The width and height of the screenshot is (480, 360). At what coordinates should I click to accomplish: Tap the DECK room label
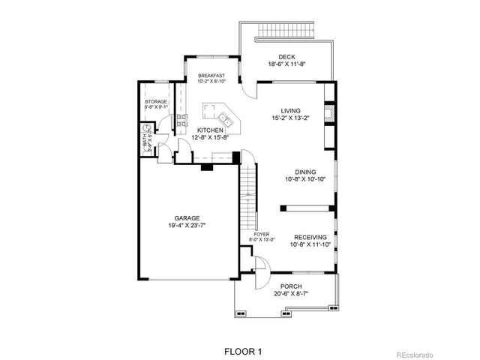(x=286, y=57)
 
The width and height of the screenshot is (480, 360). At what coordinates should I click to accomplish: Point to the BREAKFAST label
(x=211, y=76)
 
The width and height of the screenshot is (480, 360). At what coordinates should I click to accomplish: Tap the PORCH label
(x=291, y=286)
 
